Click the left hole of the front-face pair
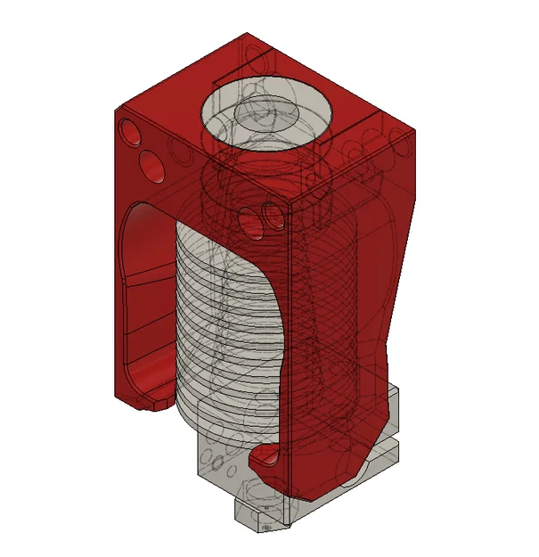pos(251,217)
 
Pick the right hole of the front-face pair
pos(271,214)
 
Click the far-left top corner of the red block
pos(116,108)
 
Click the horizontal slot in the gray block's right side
pos(392,446)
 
